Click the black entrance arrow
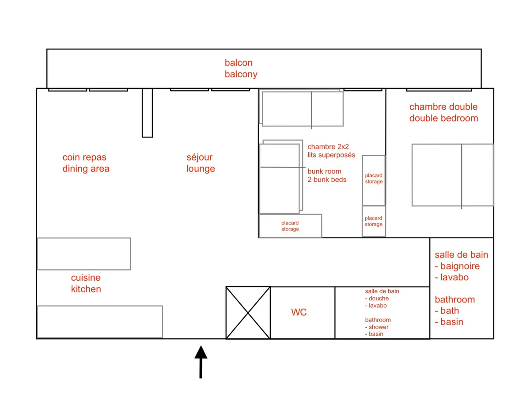coord(201,361)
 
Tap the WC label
coord(299,312)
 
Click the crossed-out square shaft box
coord(248,313)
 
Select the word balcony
coord(241,74)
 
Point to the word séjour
coord(200,157)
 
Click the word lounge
coord(201,168)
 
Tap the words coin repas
coord(84,157)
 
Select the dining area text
coord(86,168)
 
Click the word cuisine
coord(86,278)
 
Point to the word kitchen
coord(86,289)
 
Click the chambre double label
coord(443,107)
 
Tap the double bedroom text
coord(443,118)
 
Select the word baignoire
coord(460,266)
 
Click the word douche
coord(379,298)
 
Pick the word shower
coord(379,327)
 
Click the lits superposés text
coord(331,155)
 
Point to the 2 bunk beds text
coord(327,180)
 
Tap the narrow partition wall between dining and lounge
coord(147,113)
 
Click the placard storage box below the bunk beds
coord(290,226)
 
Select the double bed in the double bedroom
coord(453,175)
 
